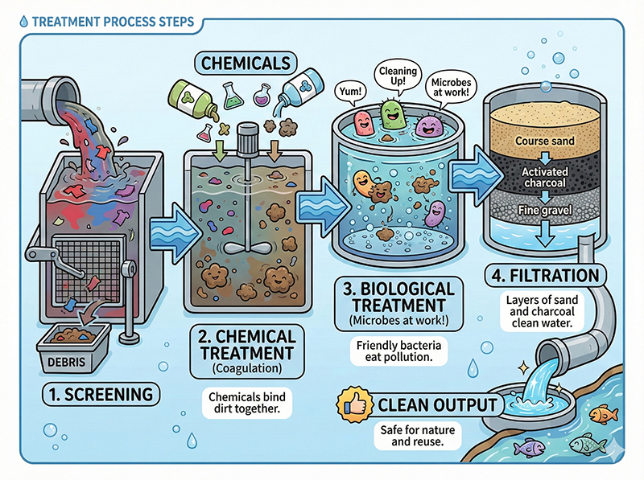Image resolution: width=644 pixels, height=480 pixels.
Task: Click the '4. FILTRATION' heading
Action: pyautogui.click(x=545, y=276)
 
